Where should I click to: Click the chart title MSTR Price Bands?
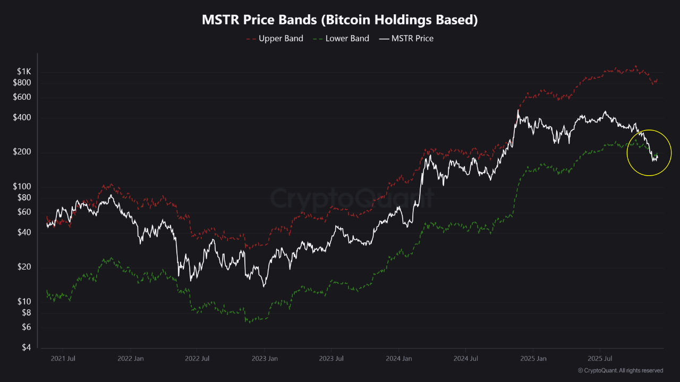pos(340,20)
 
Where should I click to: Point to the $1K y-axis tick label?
pos(24,72)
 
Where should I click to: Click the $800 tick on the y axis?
pos(22,83)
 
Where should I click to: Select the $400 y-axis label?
pos(22,117)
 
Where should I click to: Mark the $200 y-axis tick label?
pos(22,152)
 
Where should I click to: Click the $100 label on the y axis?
pos(22,187)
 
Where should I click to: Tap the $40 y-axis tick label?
pos(24,232)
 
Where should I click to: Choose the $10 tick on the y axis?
pos(24,301)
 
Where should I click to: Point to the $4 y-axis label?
pos(26,348)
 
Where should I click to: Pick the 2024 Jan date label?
pos(398,358)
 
